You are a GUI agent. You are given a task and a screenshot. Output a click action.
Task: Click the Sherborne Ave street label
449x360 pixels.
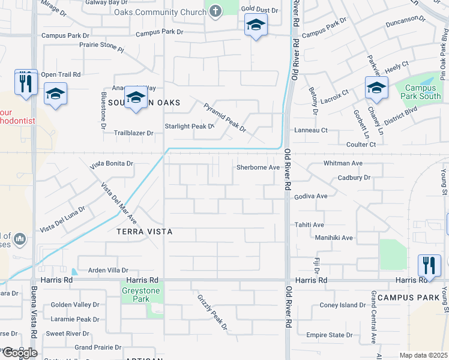[x=258, y=168]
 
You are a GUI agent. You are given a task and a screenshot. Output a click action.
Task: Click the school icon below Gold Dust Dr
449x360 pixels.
[x=256, y=25]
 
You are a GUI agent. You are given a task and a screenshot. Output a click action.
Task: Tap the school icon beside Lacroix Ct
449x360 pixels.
[x=376, y=88]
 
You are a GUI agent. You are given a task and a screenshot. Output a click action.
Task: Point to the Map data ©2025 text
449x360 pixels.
[x=423, y=355]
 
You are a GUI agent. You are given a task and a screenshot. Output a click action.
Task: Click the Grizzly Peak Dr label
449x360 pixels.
[x=212, y=312]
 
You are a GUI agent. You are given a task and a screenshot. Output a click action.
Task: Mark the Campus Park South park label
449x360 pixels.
[x=421, y=92]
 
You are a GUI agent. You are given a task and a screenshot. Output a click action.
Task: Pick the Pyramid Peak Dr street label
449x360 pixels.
[x=224, y=118]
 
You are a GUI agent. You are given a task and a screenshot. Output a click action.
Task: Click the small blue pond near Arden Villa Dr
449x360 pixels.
[x=74, y=272]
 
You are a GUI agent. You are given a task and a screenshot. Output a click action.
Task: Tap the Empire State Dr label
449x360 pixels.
[x=329, y=335]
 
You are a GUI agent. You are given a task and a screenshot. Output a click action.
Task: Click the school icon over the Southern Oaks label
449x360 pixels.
[x=136, y=97]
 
